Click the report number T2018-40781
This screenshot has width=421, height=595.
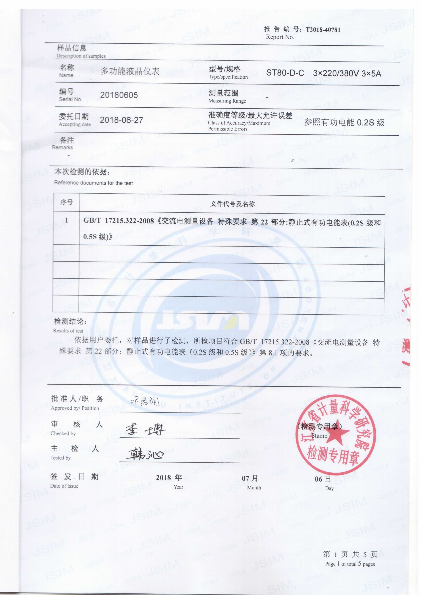point(323,30)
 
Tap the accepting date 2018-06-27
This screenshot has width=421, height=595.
point(121,120)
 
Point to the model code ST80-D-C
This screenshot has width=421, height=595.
point(285,73)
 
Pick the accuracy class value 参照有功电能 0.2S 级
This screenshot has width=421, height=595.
point(344,123)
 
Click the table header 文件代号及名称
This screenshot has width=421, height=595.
point(232,204)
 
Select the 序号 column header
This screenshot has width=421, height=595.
point(66,202)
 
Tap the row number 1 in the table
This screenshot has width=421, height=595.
point(66,220)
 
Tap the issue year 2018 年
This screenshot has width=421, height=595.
point(169,477)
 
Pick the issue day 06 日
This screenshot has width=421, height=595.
point(323,479)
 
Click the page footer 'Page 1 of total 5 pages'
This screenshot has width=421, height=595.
point(350,564)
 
